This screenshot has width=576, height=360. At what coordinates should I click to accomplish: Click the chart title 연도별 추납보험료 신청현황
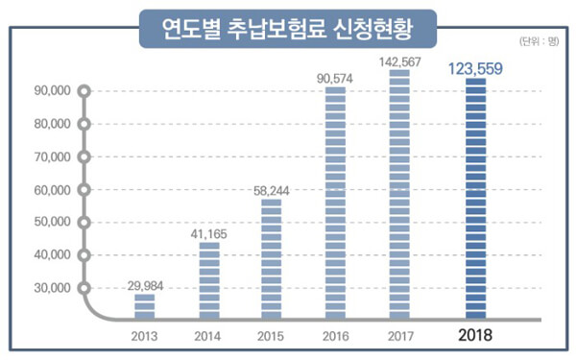(x=288, y=29)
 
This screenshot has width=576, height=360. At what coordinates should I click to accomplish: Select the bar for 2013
(x=145, y=306)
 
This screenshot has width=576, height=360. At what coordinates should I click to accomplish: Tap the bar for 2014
(x=209, y=280)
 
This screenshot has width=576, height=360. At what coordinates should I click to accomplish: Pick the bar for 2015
(x=271, y=258)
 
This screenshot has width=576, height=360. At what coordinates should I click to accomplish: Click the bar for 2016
(x=335, y=203)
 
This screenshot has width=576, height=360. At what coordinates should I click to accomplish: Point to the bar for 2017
(x=399, y=194)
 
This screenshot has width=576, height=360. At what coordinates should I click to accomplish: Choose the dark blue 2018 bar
(x=476, y=199)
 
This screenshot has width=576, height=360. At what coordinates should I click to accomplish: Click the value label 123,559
(x=475, y=69)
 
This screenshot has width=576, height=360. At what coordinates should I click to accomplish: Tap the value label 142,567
(x=400, y=62)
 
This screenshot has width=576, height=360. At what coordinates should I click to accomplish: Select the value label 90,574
(x=335, y=79)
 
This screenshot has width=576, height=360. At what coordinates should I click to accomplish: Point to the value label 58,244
(x=272, y=191)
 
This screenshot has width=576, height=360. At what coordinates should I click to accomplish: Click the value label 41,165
(x=208, y=234)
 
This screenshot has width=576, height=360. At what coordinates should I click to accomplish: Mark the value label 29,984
(x=146, y=286)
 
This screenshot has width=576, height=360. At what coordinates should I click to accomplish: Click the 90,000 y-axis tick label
(x=52, y=91)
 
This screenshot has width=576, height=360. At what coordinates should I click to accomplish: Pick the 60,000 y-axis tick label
(x=52, y=190)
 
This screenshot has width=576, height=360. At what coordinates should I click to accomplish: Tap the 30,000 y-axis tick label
(x=52, y=288)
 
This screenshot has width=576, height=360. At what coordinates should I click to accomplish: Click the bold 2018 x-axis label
(x=475, y=335)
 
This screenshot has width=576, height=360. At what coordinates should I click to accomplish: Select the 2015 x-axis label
(x=271, y=336)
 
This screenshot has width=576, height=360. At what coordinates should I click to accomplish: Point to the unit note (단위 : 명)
(x=539, y=41)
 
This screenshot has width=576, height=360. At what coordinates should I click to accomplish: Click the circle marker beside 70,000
(x=84, y=157)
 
